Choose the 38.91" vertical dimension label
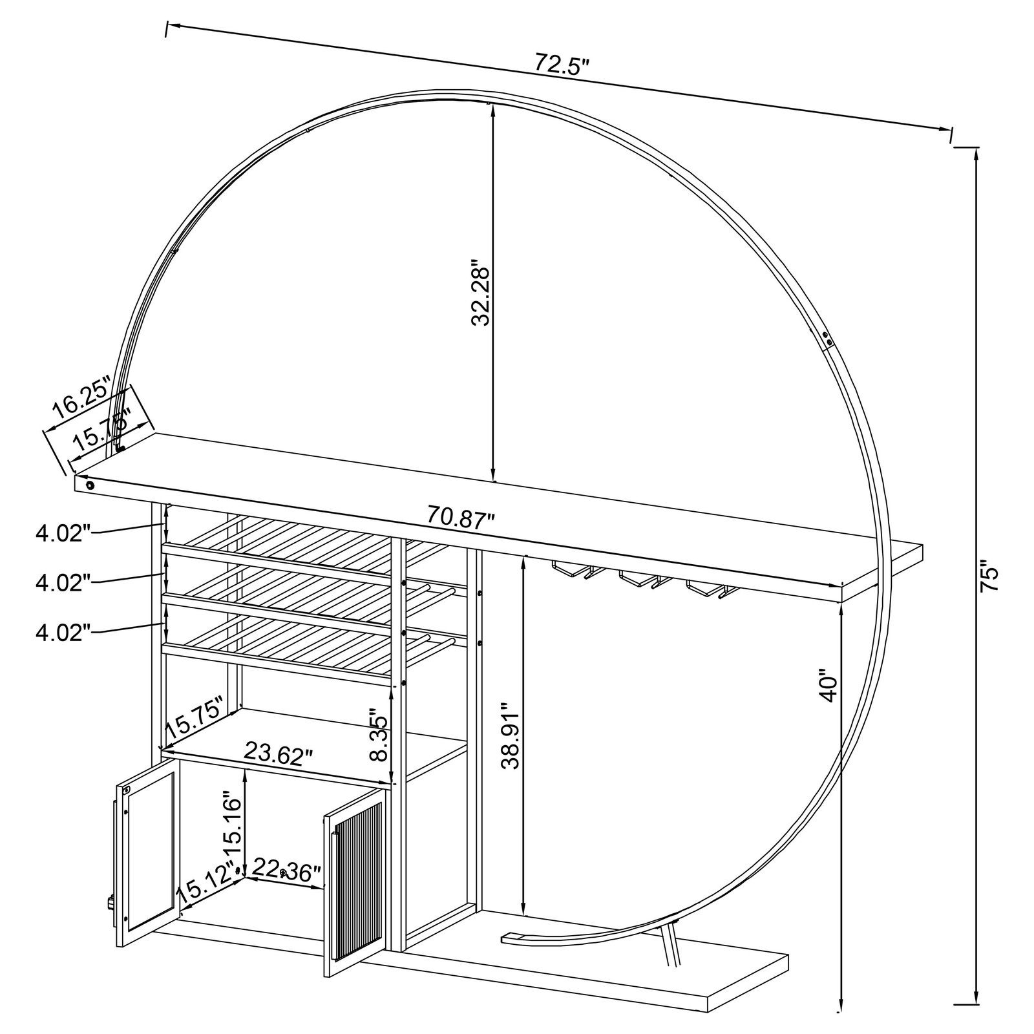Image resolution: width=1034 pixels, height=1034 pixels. tap(511, 736)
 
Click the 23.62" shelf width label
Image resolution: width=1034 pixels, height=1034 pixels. tap(278, 753)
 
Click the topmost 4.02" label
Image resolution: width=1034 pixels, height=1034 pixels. tap(61, 534)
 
